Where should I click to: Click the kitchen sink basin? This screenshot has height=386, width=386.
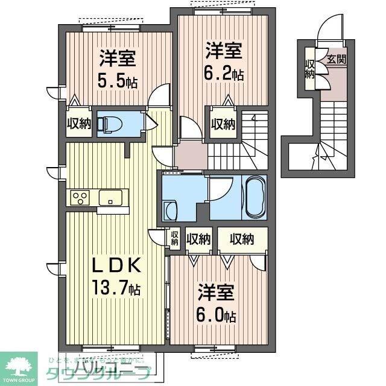tap(111, 197)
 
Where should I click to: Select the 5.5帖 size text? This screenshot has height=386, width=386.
tap(118, 81)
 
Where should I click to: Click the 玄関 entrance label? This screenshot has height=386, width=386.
tap(337, 59)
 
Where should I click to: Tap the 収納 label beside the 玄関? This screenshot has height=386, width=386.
tap(310, 69)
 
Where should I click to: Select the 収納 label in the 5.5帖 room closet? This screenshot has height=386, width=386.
tap(78, 124)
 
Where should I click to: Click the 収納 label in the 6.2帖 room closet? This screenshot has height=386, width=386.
tap(223, 124)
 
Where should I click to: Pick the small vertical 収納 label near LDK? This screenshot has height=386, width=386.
tap(174, 238)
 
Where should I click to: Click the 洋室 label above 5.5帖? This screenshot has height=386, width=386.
tap(118, 59)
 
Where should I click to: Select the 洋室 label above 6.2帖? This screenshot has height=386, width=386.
tap(223, 50)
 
